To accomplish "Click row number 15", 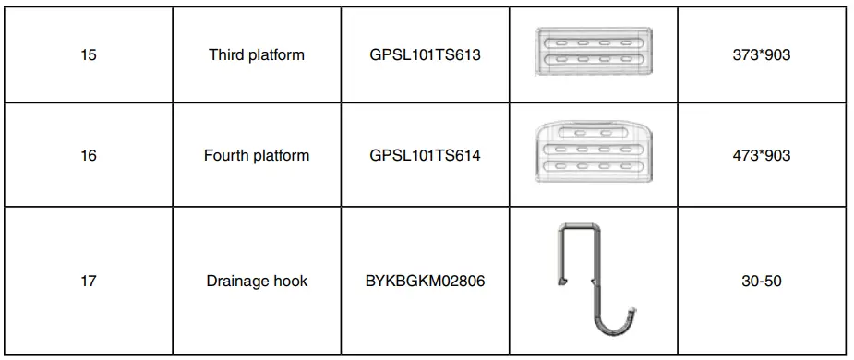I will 89,54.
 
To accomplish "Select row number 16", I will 89,155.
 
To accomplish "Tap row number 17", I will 89,281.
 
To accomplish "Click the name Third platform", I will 256,54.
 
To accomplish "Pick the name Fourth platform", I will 256,155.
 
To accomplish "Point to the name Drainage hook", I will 256,281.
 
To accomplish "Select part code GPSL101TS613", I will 425,54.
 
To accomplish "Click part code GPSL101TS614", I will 425,155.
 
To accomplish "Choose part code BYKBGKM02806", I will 425,281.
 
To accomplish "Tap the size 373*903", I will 761,54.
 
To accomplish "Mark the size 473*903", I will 761,155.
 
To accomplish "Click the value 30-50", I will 761,281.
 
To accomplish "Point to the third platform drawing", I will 594,52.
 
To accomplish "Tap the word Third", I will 227,54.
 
